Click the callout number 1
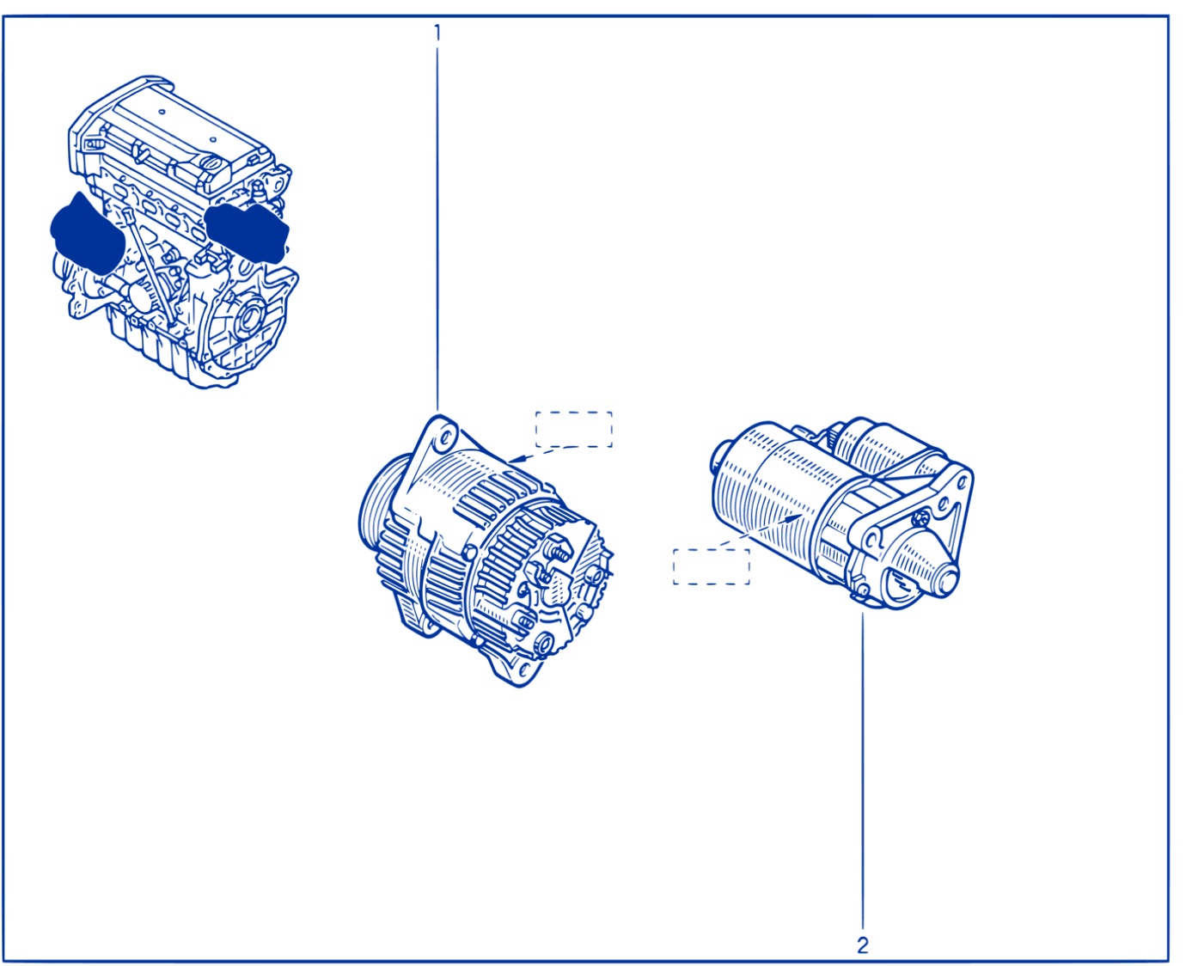point(437,33)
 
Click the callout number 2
point(863,945)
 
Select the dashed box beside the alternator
point(573,429)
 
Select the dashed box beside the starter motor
point(712,566)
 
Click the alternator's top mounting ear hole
point(446,437)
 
